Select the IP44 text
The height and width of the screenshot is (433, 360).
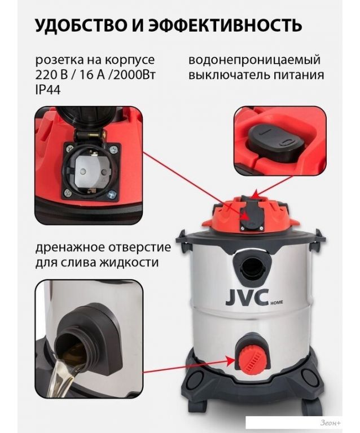point(48,90)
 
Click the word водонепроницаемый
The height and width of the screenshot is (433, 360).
point(254,60)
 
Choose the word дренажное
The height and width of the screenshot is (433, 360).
point(68,247)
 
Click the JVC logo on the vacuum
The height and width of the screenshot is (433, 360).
point(247,298)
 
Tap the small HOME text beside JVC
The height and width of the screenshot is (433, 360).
point(276,303)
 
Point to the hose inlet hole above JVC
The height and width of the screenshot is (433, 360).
point(252,267)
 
